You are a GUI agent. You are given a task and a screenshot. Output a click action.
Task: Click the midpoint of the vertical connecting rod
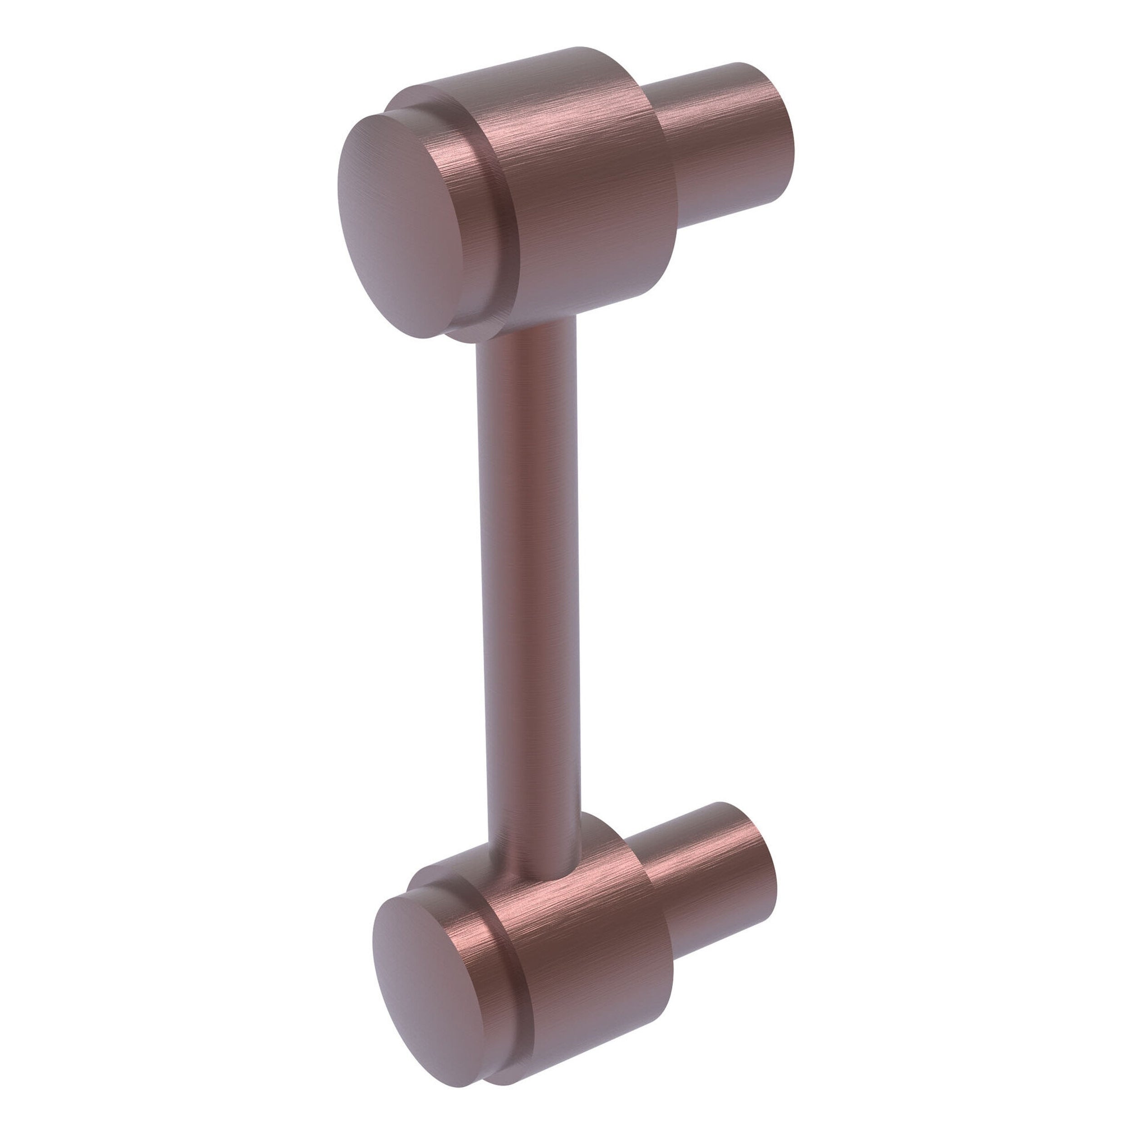[529, 587]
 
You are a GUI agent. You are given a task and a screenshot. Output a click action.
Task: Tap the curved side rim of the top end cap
[470, 235]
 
